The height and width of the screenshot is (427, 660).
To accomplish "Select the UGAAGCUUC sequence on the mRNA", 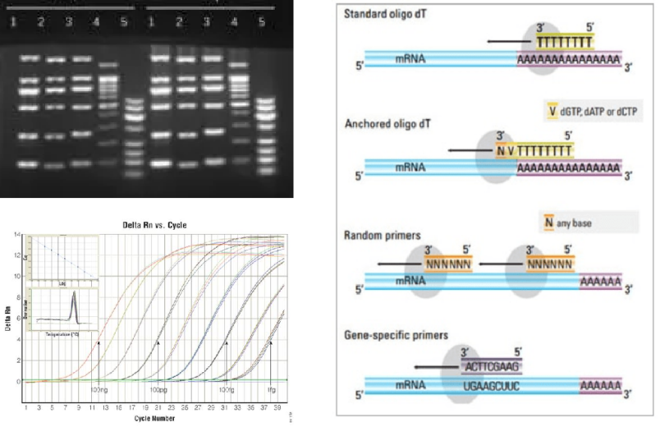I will (x=492, y=383).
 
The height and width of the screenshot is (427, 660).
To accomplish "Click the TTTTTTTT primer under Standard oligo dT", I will (x=565, y=40).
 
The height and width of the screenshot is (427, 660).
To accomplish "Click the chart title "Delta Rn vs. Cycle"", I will (x=154, y=225).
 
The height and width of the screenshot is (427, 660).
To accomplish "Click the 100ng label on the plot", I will (x=100, y=388).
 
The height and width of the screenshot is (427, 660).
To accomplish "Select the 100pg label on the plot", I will (x=159, y=388).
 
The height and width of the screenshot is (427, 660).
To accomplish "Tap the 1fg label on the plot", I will (x=271, y=388).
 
